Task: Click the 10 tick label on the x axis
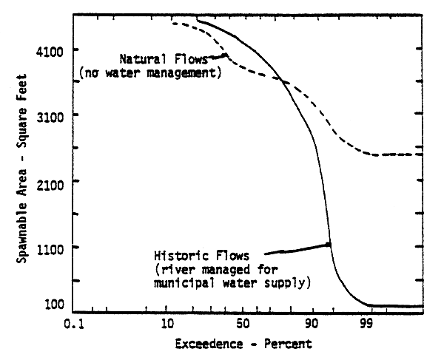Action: pos(166,324)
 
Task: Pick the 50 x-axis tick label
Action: pos(242,324)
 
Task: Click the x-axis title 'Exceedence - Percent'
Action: pos(243,344)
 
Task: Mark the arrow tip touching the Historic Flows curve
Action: pos(329,244)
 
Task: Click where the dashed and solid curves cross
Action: pos(283,81)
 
